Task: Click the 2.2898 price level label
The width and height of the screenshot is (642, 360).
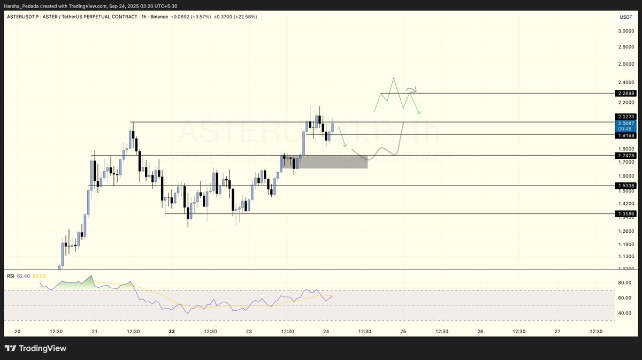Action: [625, 93]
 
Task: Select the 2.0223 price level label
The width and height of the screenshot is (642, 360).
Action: [625, 117]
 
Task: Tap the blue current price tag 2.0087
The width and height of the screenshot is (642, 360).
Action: [625, 123]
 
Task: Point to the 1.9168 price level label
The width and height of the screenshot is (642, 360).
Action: [625, 135]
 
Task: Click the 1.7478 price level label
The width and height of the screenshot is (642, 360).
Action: [625, 156]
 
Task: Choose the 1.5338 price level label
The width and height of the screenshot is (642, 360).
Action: [625, 186]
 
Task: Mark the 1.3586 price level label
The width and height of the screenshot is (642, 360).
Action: [625, 213]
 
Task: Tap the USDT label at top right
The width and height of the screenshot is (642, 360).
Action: [625, 17]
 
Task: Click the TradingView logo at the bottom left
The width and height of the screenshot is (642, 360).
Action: [36, 348]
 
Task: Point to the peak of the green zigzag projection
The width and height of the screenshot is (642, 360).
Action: [393, 79]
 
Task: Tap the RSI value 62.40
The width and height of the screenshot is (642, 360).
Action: [23, 276]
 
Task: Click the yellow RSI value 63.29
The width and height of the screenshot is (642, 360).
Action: [39, 276]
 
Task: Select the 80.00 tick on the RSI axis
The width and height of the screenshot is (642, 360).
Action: [625, 282]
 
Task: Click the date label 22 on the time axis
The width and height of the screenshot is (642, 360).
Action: [172, 332]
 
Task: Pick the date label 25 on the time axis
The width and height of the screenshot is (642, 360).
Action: [403, 332]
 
